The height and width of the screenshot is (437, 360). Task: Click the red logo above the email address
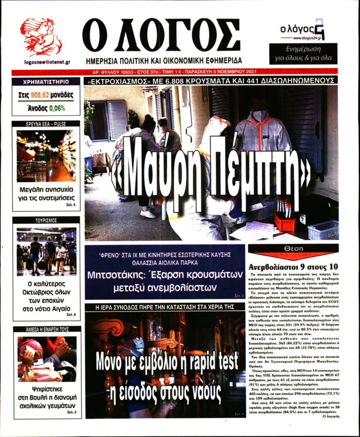[x=40, y=37]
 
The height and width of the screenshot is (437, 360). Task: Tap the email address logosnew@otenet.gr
[x=47, y=62]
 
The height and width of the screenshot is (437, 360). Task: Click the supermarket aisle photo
[x=46, y=156]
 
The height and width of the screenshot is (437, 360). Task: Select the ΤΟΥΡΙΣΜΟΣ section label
[x=46, y=220]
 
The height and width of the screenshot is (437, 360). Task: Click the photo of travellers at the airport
[x=46, y=251]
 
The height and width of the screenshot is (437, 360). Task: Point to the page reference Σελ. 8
[x=71, y=315]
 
